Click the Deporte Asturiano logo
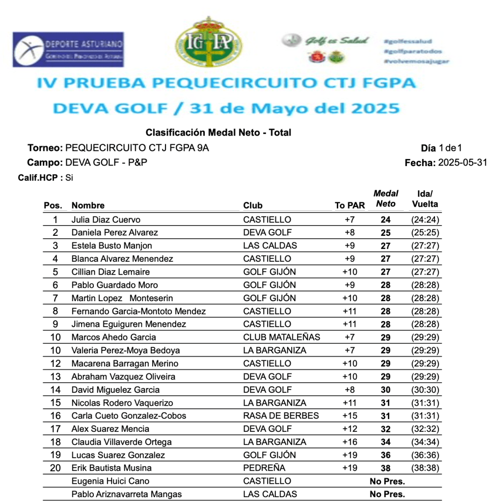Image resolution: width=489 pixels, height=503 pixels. click(x=68, y=50)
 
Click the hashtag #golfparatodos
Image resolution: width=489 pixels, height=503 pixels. click(x=413, y=51)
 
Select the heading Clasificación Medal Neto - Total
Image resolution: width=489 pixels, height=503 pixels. click(x=218, y=133)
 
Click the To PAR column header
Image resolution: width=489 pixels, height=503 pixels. click(x=350, y=205)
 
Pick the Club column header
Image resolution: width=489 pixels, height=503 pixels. click(x=253, y=205)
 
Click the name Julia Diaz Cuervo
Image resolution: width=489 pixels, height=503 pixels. click(x=106, y=220)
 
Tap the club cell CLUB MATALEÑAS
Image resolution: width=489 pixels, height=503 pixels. click(x=282, y=337)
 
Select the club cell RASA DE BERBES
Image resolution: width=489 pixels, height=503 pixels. click(x=281, y=416)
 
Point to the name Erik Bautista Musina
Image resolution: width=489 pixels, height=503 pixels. click(x=111, y=468)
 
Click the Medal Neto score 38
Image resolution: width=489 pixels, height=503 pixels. click(x=386, y=468)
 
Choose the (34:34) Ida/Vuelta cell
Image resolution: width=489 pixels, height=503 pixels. click(x=425, y=442)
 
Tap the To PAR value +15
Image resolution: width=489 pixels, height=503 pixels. click(x=350, y=416)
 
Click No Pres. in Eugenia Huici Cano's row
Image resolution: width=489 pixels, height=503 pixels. click(x=387, y=481)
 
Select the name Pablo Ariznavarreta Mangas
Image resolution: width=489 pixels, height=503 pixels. click(x=127, y=494)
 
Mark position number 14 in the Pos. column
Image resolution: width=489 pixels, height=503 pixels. click(x=55, y=390)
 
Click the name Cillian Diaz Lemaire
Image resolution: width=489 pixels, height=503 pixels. click(x=110, y=272)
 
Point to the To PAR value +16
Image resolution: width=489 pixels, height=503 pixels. click(x=350, y=442)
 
